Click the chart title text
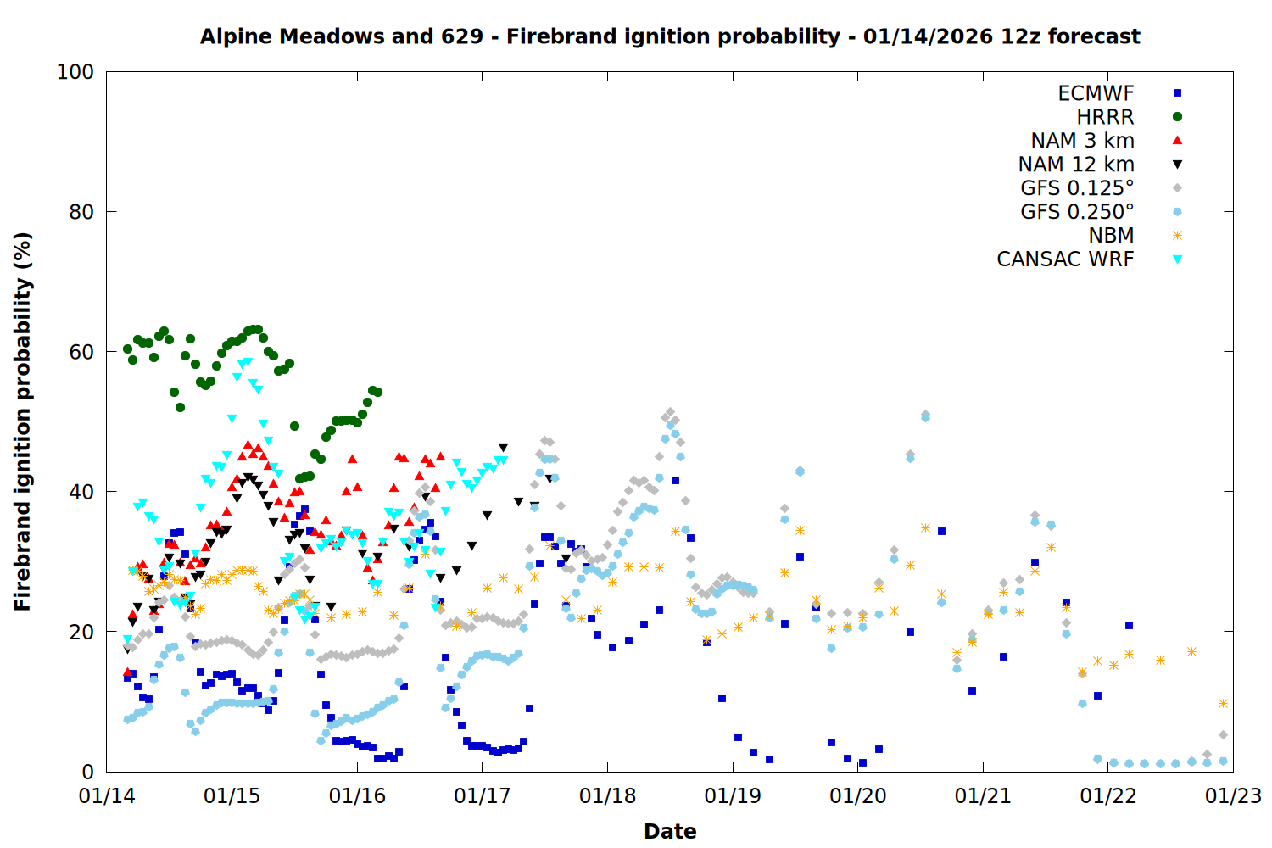pyautogui.click(x=670, y=36)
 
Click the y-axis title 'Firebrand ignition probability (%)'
pyautogui.click(x=23, y=421)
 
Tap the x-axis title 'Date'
pyautogui.click(x=670, y=831)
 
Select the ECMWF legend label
pyautogui.click(x=1096, y=93)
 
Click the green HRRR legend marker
pyautogui.click(x=1177, y=117)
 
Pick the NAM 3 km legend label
pyautogui.click(x=1082, y=141)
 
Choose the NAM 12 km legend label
pyautogui.click(x=1076, y=165)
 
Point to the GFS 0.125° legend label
pyautogui.click(x=1077, y=188)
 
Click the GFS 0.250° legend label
pyautogui.click(x=1077, y=212)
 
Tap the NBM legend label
pyautogui.click(x=1111, y=236)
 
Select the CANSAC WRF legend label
pyautogui.click(x=1065, y=259)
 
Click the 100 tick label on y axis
pyautogui.click(x=75, y=72)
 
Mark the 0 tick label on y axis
pyautogui.click(x=87, y=772)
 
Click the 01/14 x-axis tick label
pyautogui.click(x=107, y=796)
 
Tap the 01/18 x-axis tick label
pyautogui.click(x=607, y=796)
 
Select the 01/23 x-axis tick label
pyautogui.click(x=1233, y=796)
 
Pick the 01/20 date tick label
pyautogui.click(x=857, y=796)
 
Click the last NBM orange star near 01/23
pyautogui.click(x=1223, y=703)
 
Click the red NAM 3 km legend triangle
pyautogui.click(x=1177, y=140)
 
